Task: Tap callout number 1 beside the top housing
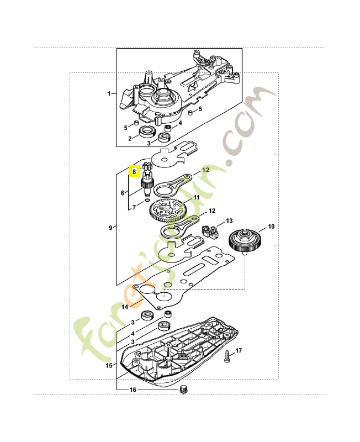(x=109, y=94)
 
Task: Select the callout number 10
(x=271, y=227)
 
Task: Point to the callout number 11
(x=197, y=197)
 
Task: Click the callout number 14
(x=125, y=307)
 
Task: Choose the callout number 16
(x=133, y=390)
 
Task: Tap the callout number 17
(x=239, y=351)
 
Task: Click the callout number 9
(x=111, y=228)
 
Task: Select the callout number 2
(x=130, y=138)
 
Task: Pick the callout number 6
(x=123, y=193)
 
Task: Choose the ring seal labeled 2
(x=147, y=131)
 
